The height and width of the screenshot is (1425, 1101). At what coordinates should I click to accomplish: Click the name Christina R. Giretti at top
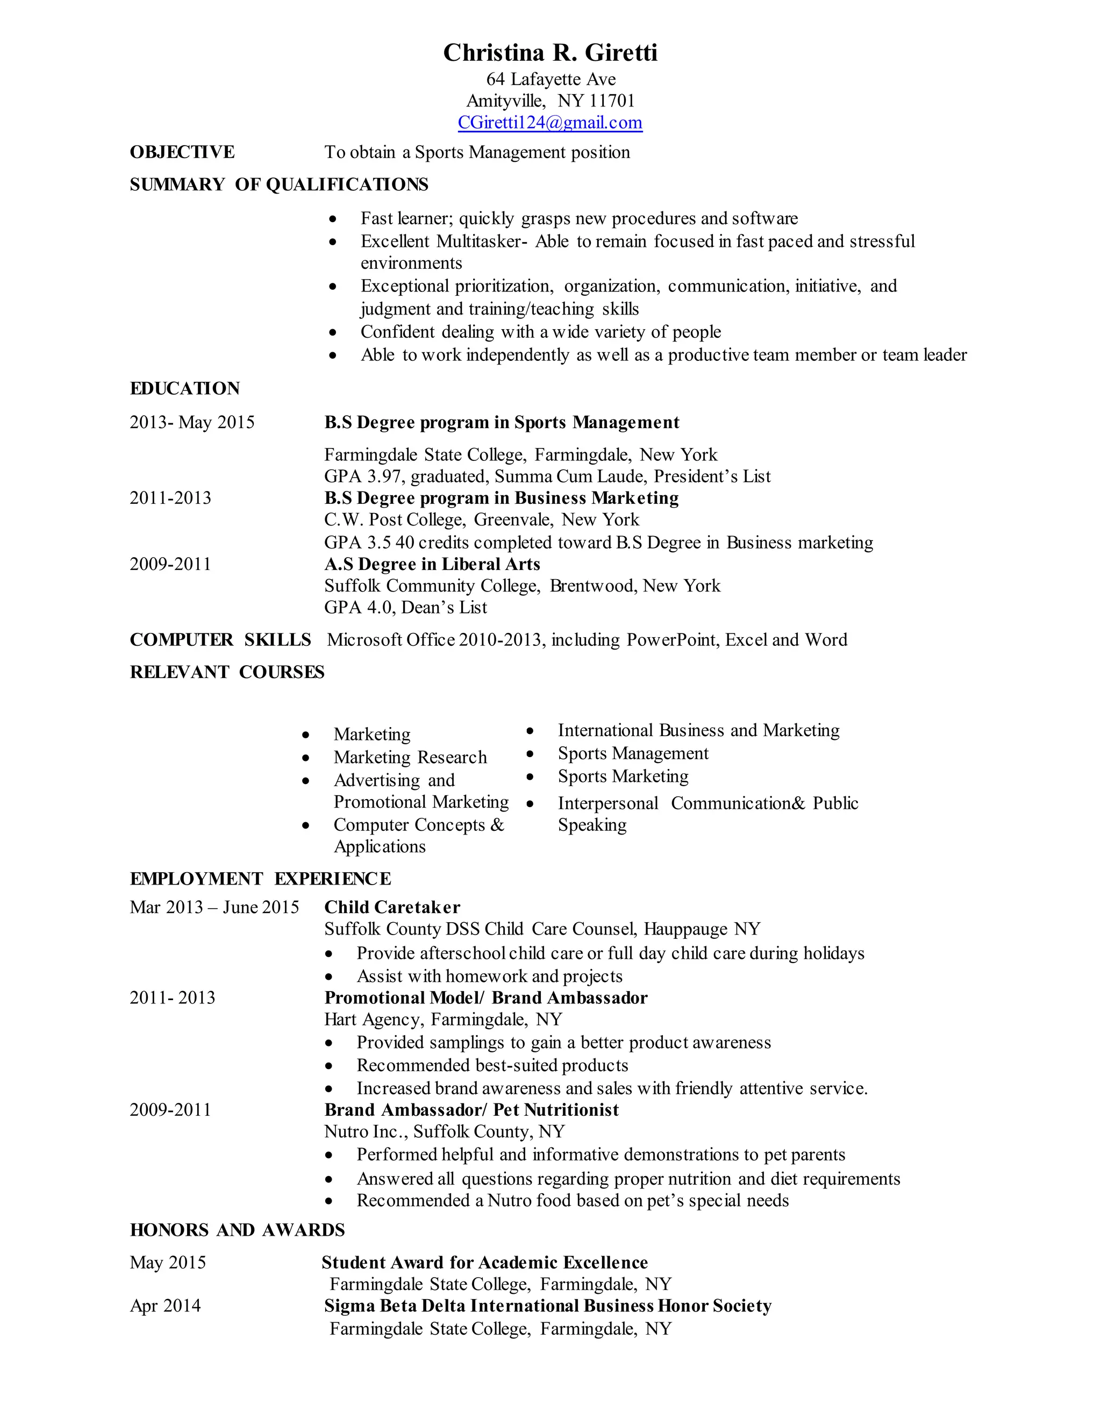[x=550, y=53]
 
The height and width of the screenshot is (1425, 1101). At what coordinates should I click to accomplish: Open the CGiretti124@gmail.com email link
[x=550, y=123]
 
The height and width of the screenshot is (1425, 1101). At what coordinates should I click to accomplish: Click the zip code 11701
[x=612, y=101]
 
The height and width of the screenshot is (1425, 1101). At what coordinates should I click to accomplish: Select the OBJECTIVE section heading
[x=182, y=152]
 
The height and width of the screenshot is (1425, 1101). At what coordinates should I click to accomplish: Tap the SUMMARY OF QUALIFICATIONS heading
[x=278, y=184]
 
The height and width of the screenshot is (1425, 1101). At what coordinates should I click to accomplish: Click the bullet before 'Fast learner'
[x=333, y=218]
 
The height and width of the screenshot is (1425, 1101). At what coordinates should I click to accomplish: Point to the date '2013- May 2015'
[x=192, y=422]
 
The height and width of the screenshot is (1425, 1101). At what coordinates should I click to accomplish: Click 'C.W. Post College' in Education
[x=395, y=520]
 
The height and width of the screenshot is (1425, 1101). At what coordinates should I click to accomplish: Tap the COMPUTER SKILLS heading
[x=220, y=639]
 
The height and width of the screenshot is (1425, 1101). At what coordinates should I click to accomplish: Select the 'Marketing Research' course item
[x=410, y=757]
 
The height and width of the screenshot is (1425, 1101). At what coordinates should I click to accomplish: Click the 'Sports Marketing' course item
[x=623, y=776]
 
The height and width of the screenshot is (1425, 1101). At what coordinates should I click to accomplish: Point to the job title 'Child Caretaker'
[x=392, y=907]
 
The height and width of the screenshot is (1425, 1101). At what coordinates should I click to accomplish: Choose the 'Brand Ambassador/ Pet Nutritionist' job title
[x=471, y=1110]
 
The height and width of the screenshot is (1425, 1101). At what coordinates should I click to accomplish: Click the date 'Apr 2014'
[x=165, y=1306]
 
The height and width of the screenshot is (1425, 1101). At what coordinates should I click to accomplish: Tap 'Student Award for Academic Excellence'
[x=484, y=1262]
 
